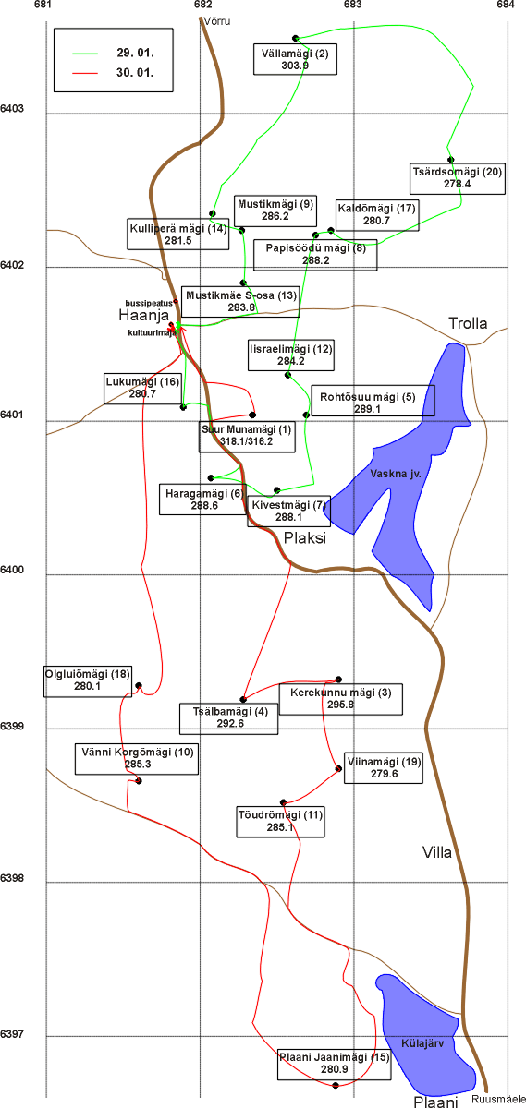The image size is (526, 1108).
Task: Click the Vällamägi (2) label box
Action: (x=295, y=59)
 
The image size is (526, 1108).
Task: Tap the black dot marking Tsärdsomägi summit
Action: (x=451, y=159)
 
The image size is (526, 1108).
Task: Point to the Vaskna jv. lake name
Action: (x=396, y=474)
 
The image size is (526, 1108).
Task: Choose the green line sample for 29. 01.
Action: (x=85, y=54)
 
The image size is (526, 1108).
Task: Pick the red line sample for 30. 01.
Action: (x=85, y=73)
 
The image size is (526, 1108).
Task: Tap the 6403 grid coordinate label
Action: (x=12, y=108)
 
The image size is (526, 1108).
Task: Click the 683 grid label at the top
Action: (x=353, y=5)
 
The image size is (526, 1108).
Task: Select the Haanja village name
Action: (x=143, y=315)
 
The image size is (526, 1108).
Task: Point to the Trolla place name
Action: (x=468, y=323)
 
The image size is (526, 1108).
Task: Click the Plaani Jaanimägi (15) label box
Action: (x=334, y=1063)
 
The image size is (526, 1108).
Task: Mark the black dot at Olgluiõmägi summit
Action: (x=139, y=685)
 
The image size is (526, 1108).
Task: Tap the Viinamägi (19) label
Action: (x=384, y=767)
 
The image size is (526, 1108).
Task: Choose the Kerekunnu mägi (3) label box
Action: (x=341, y=699)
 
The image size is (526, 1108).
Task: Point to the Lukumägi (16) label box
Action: (x=142, y=388)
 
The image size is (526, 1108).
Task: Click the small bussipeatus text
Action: (x=149, y=303)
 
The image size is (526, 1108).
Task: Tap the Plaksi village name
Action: (x=305, y=537)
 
